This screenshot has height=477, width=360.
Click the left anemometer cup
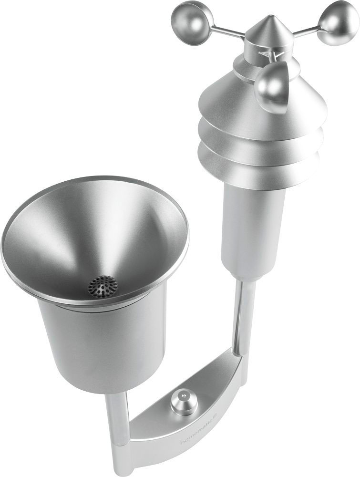pyautogui.click(x=190, y=18)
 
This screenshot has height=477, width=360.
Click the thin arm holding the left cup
pyautogui.click(x=224, y=32)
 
